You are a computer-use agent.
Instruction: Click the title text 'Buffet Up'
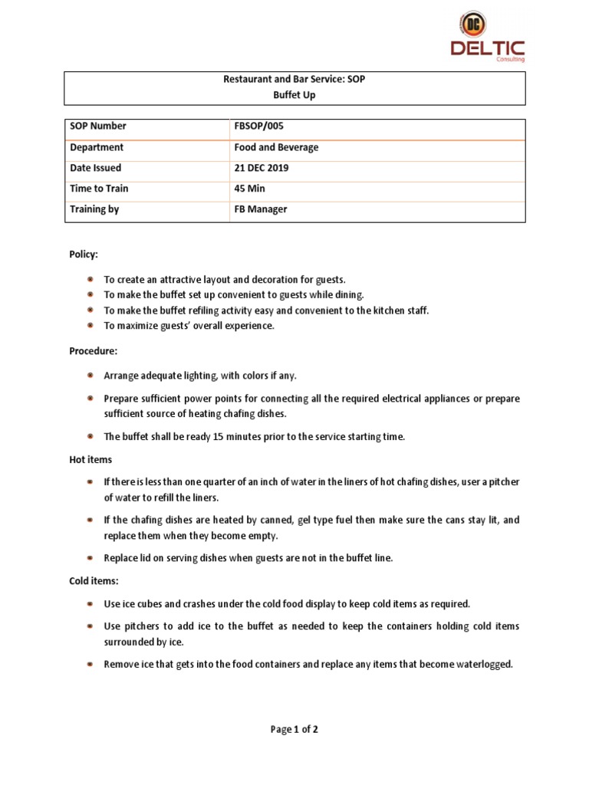click(294, 96)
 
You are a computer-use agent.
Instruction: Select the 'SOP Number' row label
click(98, 126)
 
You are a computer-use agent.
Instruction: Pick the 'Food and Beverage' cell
click(276, 147)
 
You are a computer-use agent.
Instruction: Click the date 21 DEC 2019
click(262, 168)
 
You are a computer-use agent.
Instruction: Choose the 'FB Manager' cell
click(261, 209)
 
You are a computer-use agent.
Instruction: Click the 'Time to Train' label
click(99, 189)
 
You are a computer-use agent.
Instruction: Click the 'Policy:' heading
click(84, 254)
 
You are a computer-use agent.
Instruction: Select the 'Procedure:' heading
click(94, 350)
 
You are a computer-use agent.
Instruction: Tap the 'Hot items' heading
click(90, 459)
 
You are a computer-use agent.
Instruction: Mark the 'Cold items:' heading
click(94, 581)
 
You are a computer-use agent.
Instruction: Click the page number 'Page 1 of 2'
click(294, 730)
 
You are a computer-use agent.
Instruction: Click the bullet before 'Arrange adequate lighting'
click(90, 376)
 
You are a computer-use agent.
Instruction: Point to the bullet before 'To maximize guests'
click(90, 325)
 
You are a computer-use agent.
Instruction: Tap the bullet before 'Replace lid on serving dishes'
click(90, 558)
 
